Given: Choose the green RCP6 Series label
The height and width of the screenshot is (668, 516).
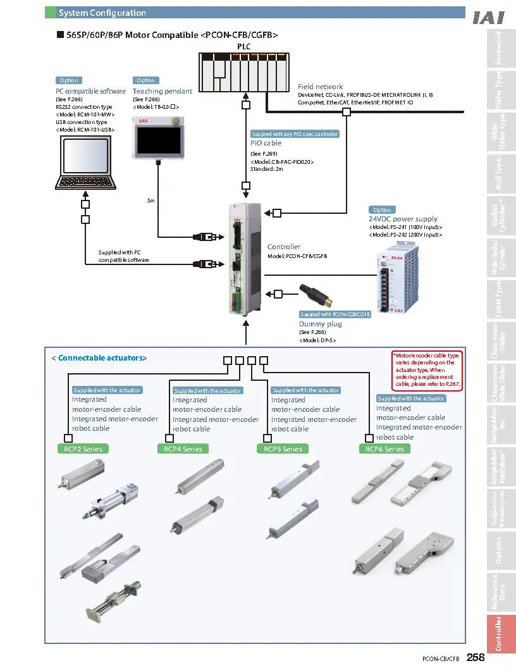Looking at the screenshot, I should coord(384,449).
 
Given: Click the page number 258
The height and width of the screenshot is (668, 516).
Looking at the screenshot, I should coord(476,658).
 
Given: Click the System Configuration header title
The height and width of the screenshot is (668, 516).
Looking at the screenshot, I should coord(102,13).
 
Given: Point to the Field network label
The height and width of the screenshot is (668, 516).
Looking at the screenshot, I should coord(320,87).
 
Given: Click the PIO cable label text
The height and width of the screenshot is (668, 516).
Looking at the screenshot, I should coord(266,143).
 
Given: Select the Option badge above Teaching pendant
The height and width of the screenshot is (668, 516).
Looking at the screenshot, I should coord(145,80).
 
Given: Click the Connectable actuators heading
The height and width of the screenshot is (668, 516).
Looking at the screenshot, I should coord(100,358).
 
